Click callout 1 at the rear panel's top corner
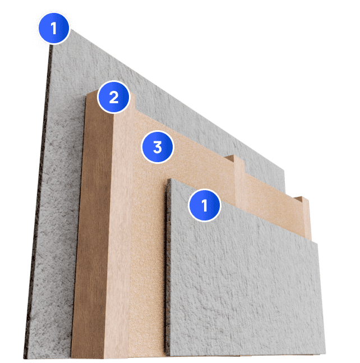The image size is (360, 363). click(x=54, y=28)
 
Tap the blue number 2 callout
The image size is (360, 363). click(x=114, y=97)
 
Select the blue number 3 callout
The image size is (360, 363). click(x=158, y=147)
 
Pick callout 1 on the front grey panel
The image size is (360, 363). click(x=205, y=205)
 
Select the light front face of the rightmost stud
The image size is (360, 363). click(x=306, y=218)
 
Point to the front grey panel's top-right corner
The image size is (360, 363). click(x=317, y=242)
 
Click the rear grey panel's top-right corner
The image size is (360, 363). click(x=284, y=171)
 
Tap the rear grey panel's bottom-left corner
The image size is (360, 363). click(x=24, y=359)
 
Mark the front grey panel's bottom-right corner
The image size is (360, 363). click(x=325, y=353)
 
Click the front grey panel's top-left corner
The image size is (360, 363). click(x=170, y=178)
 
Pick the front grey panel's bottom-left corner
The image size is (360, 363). click(x=165, y=356)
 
